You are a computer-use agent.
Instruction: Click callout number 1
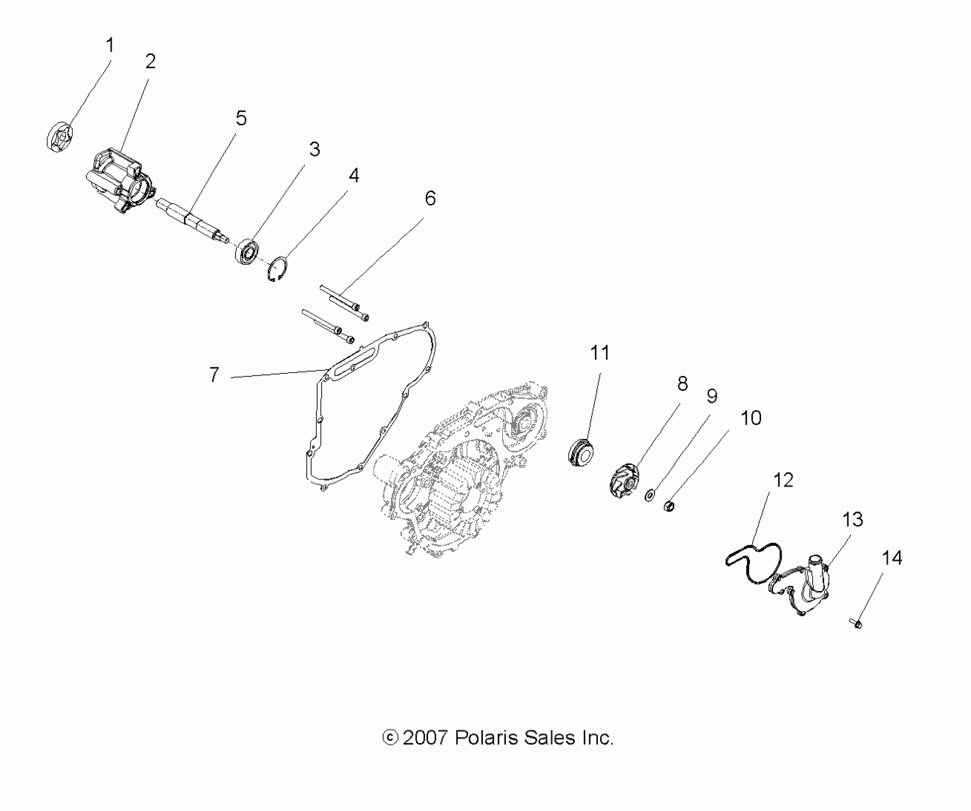[x=110, y=46]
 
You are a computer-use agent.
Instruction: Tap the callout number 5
[x=241, y=118]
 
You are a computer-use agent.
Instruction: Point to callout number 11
[x=600, y=353]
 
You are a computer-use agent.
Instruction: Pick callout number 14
[x=892, y=558]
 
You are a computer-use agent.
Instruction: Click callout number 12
[x=783, y=480]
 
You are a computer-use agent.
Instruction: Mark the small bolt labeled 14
[x=856, y=623]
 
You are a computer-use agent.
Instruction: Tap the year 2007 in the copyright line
[x=425, y=738]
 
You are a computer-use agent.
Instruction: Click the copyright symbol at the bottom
[x=390, y=738]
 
